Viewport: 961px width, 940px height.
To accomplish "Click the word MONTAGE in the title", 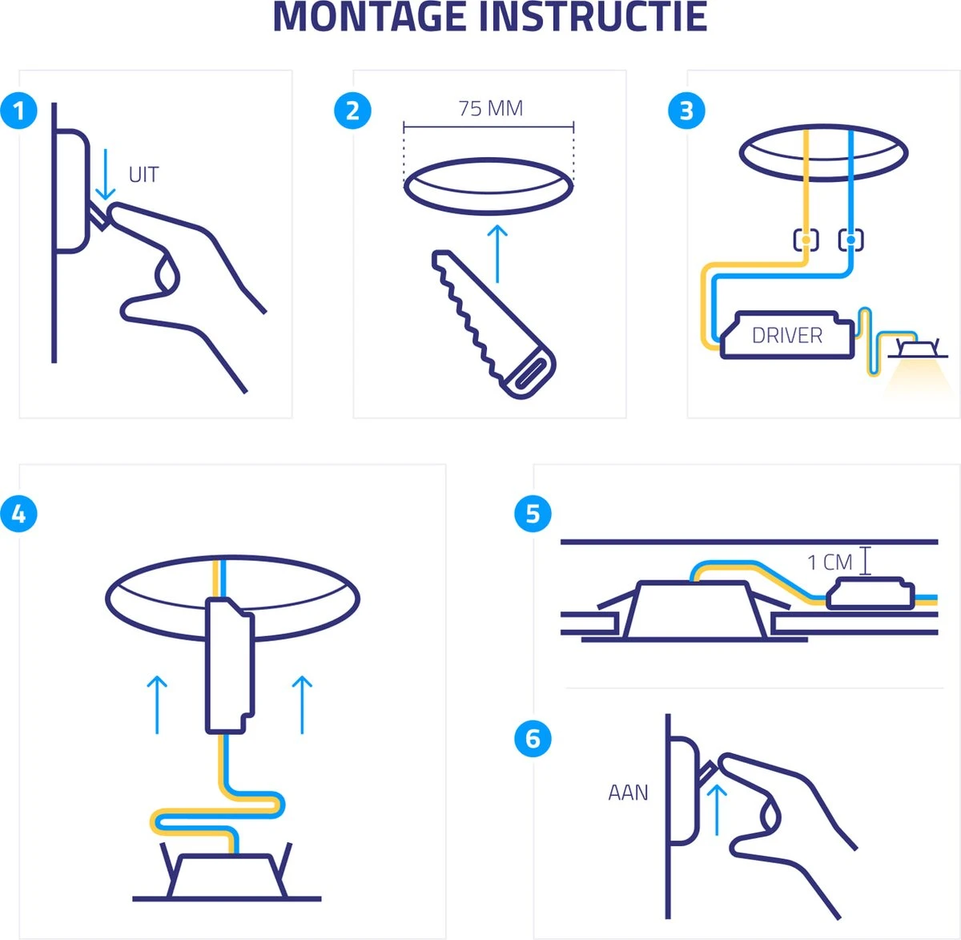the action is tap(369, 17).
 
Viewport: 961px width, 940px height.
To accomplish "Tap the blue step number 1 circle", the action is tap(18, 111).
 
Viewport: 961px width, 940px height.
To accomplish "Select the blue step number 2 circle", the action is tap(352, 111).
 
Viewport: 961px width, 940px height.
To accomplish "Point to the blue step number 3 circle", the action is tap(686, 111).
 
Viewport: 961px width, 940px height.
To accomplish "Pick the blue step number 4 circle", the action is tap(18, 514).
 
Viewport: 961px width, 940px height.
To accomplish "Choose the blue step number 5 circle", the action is tap(533, 514).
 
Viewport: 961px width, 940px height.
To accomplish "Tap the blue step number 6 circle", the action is tap(533, 739).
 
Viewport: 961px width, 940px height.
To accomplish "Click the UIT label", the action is tap(143, 175).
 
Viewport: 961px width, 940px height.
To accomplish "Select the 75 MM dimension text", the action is tap(490, 109).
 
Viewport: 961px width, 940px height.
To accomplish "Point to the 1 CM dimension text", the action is tap(830, 563).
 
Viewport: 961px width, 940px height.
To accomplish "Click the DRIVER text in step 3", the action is tap(786, 336).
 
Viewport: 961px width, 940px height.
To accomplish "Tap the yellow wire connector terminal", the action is tap(806, 240).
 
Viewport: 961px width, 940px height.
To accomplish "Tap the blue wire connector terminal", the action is tap(850, 240).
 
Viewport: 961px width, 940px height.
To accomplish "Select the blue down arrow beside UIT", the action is tap(105, 175).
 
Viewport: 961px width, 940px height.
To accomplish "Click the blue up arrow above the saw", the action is tap(497, 254).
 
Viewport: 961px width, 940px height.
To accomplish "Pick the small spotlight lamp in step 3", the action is tap(918, 348).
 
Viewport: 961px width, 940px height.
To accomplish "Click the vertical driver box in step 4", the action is tap(230, 666).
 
